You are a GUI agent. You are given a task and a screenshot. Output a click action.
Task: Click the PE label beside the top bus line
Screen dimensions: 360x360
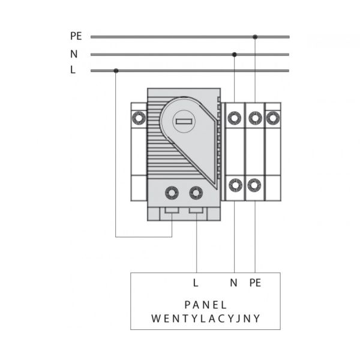[x=76, y=36]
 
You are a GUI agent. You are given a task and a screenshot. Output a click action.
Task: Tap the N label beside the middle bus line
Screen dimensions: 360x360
[x=74, y=54]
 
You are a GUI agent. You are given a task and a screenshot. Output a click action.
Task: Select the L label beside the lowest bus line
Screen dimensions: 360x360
[x=73, y=70]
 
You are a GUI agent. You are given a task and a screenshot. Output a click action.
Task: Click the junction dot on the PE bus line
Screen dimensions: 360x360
[x=255, y=37]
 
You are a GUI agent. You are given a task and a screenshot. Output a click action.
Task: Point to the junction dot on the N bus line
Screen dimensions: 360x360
[x=234, y=55]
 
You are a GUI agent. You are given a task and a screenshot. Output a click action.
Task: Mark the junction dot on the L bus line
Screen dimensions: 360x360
[x=116, y=71]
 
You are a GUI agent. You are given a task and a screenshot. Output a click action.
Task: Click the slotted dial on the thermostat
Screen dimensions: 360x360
[x=184, y=121]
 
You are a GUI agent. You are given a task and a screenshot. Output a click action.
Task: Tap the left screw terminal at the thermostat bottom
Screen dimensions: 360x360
[x=172, y=193]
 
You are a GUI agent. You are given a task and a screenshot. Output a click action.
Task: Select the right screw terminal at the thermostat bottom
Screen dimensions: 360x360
[x=196, y=193]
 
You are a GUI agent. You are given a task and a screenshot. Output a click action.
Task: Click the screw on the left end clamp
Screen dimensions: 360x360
[x=139, y=118]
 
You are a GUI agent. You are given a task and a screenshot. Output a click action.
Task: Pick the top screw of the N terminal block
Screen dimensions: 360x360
[x=234, y=118]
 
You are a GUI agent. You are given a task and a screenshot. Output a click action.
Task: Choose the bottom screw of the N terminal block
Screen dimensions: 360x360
[x=235, y=185]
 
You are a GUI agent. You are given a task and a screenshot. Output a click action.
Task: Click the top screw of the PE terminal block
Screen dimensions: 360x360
[x=255, y=118]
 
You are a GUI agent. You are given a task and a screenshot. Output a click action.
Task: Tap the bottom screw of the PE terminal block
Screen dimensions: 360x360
[x=254, y=185]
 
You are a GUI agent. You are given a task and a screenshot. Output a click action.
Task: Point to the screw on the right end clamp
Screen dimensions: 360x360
[x=273, y=118]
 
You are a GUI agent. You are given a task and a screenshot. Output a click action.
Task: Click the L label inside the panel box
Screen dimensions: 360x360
[x=196, y=283]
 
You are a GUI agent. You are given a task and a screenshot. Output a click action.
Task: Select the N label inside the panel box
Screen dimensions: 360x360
[x=233, y=283]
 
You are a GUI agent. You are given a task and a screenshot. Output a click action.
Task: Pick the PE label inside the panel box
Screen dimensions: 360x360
[x=256, y=283]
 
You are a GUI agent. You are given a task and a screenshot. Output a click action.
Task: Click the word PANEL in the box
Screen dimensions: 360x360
[x=205, y=305]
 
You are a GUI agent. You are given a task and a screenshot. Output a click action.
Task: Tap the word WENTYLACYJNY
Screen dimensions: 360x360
[x=205, y=319]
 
